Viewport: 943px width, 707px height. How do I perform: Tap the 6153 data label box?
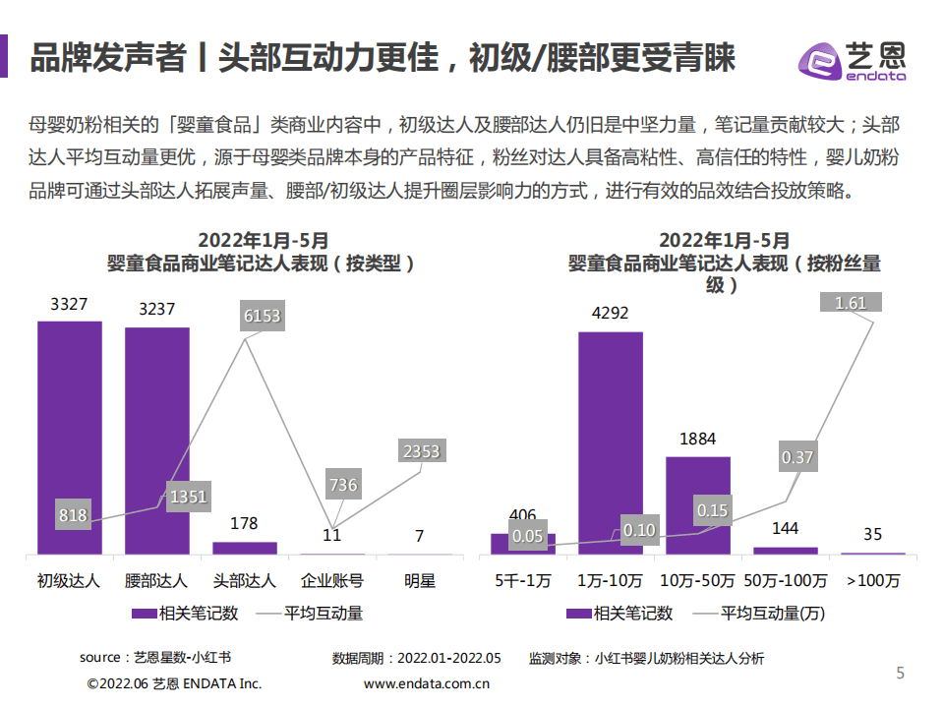click(x=262, y=316)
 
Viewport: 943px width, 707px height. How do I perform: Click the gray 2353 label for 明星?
click(x=421, y=451)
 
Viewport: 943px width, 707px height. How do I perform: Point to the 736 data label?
click(x=343, y=485)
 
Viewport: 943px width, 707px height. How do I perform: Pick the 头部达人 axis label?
click(x=245, y=580)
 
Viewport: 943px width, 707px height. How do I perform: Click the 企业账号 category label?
click(x=332, y=580)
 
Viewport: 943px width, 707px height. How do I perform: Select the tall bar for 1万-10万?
click(x=610, y=442)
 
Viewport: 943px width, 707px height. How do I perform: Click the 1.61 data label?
click(x=851, y=303)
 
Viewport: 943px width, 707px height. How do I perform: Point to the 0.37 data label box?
click(x=797, y=457)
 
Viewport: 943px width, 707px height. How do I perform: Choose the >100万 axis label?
click(x=872, y=580)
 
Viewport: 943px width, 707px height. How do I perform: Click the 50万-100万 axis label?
click(x=785, y=580)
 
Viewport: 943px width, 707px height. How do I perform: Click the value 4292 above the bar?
click(x=610, y=314)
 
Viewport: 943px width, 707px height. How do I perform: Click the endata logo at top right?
click(x=852, y=61)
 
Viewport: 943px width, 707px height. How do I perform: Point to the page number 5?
click(x=900, y=673)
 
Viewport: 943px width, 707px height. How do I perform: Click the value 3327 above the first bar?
click(x=70, y=305)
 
